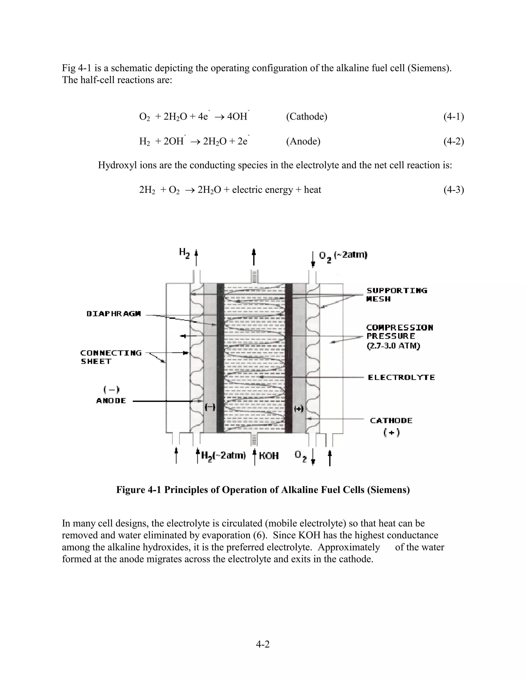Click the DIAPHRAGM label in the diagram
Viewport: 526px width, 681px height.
pyautogui.click(x=114, y=314)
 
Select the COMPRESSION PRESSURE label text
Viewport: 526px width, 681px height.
pyautogui.click(x=399, y=332)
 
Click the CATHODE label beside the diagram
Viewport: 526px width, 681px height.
pyautogui.click(x=391, y=421)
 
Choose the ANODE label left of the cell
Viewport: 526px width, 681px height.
pyautogui.click(x=111, y=401)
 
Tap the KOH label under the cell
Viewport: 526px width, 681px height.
pyautogui.click(x=269, y=456)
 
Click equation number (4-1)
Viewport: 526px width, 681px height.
pyautogui.click(x=453, y=117)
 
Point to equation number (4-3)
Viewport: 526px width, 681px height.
pyautogui.click(x=453, y=190)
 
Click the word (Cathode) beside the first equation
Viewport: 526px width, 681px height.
pyautogui.click(x=306, y=117)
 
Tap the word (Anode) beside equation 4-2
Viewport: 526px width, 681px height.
pyautogui.click(x=303, y=141)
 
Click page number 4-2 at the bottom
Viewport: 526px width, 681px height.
pyautogui.click(x=263, y=644)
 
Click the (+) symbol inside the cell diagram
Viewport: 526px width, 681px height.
pyautogui.click(x=298, y=409)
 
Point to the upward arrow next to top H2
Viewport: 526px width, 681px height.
pyautogui.click(x=196, y=257)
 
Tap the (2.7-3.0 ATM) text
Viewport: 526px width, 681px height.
pyautogui.click(x=393, y=346)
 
